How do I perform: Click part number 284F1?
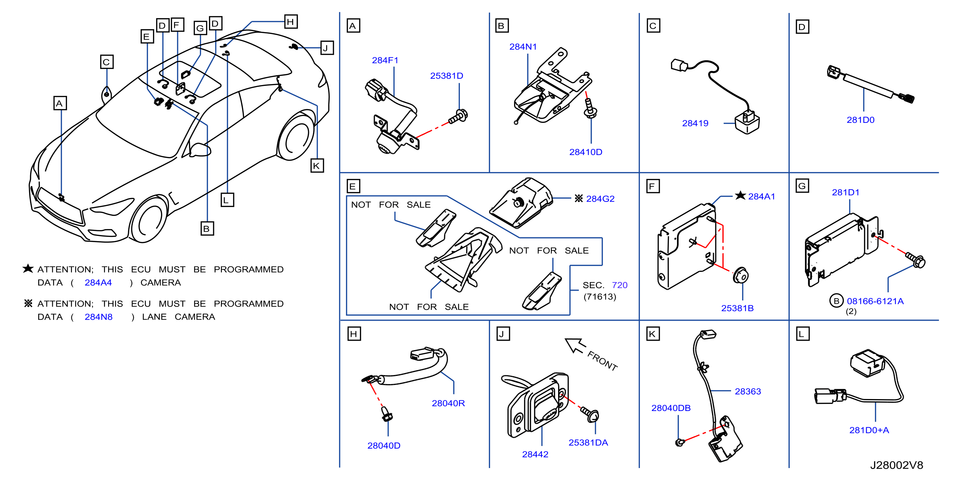pyautogui.click(x=385, y=60)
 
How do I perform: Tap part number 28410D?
pyautogui.click(x=585, y=152)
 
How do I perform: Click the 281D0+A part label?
pyautogui.click(x=869, y=430)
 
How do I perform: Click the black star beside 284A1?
pyautogui.click(x=740, y=196)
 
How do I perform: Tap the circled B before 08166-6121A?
pyautogui.click(x=836, y=301)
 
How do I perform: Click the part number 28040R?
pyautogui.click(x=448, y=403)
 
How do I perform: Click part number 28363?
pyautogui.click(x=748, y=392)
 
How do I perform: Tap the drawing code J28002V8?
pyautogui.click(x=897, y=465)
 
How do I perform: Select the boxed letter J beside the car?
pyautogui.click(x=327, y=48)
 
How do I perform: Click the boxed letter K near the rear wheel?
pyautogui.click(x=317, y=166)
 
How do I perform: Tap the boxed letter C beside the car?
pyautogui.click(x=107, y=62)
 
